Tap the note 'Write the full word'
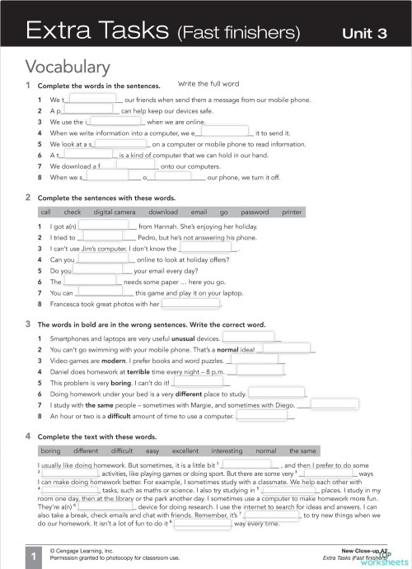tap(208, 84)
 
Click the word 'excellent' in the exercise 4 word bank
tap(185, 450)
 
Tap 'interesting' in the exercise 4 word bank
tap(227, 450)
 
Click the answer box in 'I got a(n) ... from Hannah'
tap(105, 226)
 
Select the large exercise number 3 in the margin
tap(28, 324)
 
